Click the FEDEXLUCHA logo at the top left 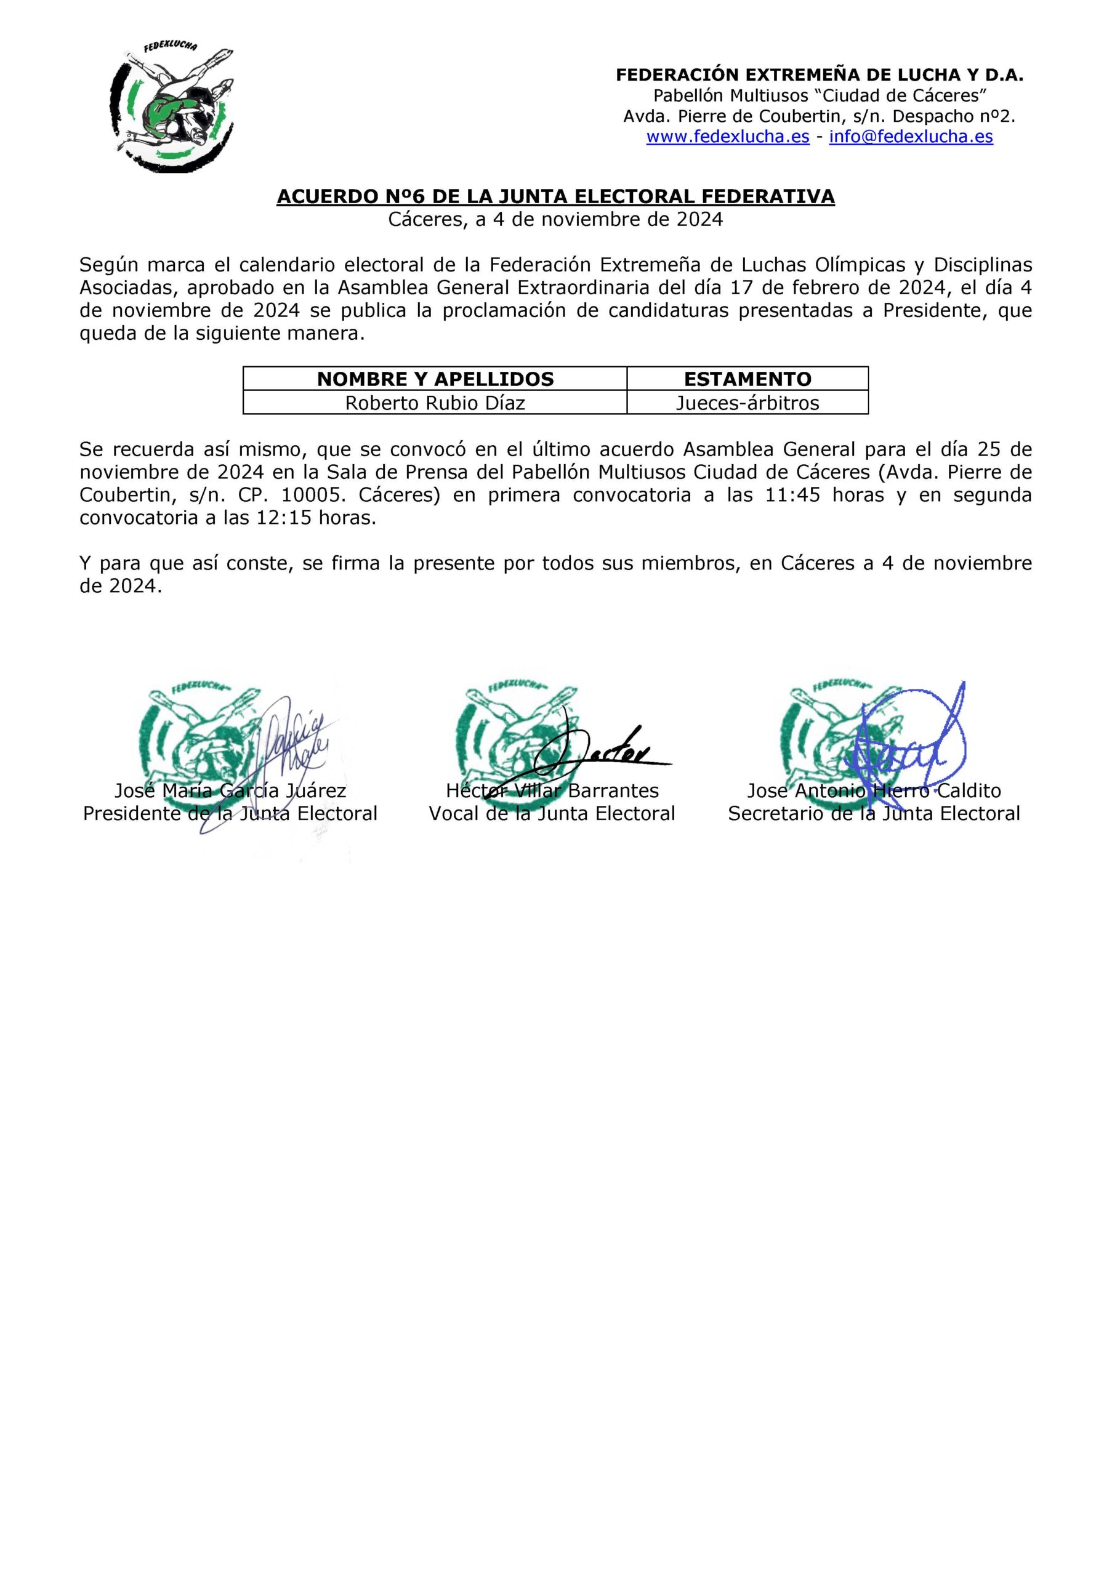[172, 107]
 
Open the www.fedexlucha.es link [728, 137]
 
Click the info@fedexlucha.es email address [911, 137]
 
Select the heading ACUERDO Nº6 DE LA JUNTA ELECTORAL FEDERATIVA [555, 197]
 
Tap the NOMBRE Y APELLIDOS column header [435, 379]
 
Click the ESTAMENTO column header [747, 379]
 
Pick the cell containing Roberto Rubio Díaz [435, 403]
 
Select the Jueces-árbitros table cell [747, 403]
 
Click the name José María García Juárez [230, 790]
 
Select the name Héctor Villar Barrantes [552, 790]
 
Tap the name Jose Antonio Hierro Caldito [874, 790]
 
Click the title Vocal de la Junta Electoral [552, 814]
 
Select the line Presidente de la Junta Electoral [230, 814]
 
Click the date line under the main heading [555, 220]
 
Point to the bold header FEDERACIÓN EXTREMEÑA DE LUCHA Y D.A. [819, 76]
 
